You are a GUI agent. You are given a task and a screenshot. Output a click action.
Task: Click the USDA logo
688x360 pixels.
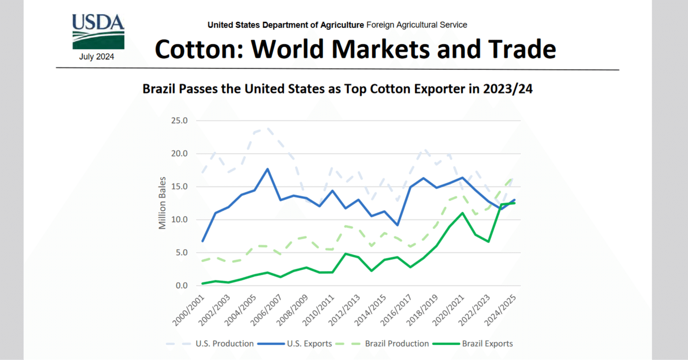(98, 32)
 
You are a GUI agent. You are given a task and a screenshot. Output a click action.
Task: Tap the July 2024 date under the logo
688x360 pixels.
(97, 57)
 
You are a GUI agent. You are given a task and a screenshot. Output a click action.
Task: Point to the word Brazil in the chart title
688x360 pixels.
(161, 89)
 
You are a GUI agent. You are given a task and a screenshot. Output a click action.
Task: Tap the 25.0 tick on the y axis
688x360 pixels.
(179, 121)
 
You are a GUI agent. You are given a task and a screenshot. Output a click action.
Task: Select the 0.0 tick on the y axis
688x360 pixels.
(181, 285)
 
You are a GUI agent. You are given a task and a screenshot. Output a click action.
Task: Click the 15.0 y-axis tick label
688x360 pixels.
(179, 187)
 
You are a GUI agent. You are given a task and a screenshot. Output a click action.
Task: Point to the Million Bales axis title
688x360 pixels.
(162, 203)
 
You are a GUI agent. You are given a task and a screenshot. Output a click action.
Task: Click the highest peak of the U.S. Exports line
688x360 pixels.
(267, 169)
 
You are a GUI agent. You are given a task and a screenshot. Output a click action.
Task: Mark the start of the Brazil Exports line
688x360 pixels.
(202, 284)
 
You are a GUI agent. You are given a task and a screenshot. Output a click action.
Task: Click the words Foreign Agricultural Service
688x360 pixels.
(417, 25)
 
